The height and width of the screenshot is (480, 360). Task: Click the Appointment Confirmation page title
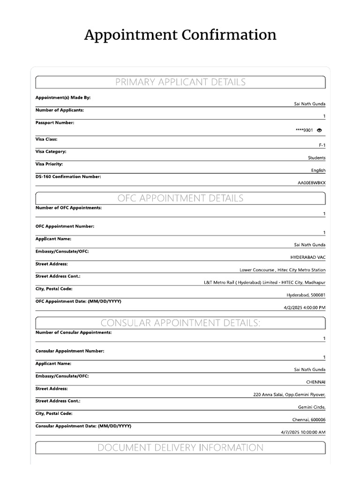coord(180,35)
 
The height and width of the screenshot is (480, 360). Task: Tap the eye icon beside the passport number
coord(320,130)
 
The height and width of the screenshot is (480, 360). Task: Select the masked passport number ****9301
coord(304,130)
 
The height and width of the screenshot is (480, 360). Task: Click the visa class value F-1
coord(322,145)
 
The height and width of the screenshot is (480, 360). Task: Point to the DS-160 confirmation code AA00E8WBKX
coord(311,183)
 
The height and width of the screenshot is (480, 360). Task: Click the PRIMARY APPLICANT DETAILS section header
coord(180,82)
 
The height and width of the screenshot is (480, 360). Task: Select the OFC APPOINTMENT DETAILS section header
coord(180,198)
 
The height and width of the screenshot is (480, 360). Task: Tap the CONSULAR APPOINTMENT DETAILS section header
coord(180,323)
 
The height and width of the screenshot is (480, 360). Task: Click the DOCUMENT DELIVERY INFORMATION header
coord(180,448)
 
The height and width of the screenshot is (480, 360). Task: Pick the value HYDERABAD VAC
coord(308,257)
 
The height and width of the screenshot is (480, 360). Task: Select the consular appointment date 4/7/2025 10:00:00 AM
coord(303,432)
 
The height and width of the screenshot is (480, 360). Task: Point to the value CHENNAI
coord(315,382)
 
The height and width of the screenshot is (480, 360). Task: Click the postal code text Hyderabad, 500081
coord(306,295)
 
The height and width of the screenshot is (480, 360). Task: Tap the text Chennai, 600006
coord(308,420)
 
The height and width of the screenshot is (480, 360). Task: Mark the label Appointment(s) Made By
coord(63,97)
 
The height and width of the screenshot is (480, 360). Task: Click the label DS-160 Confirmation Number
coord(68,177)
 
